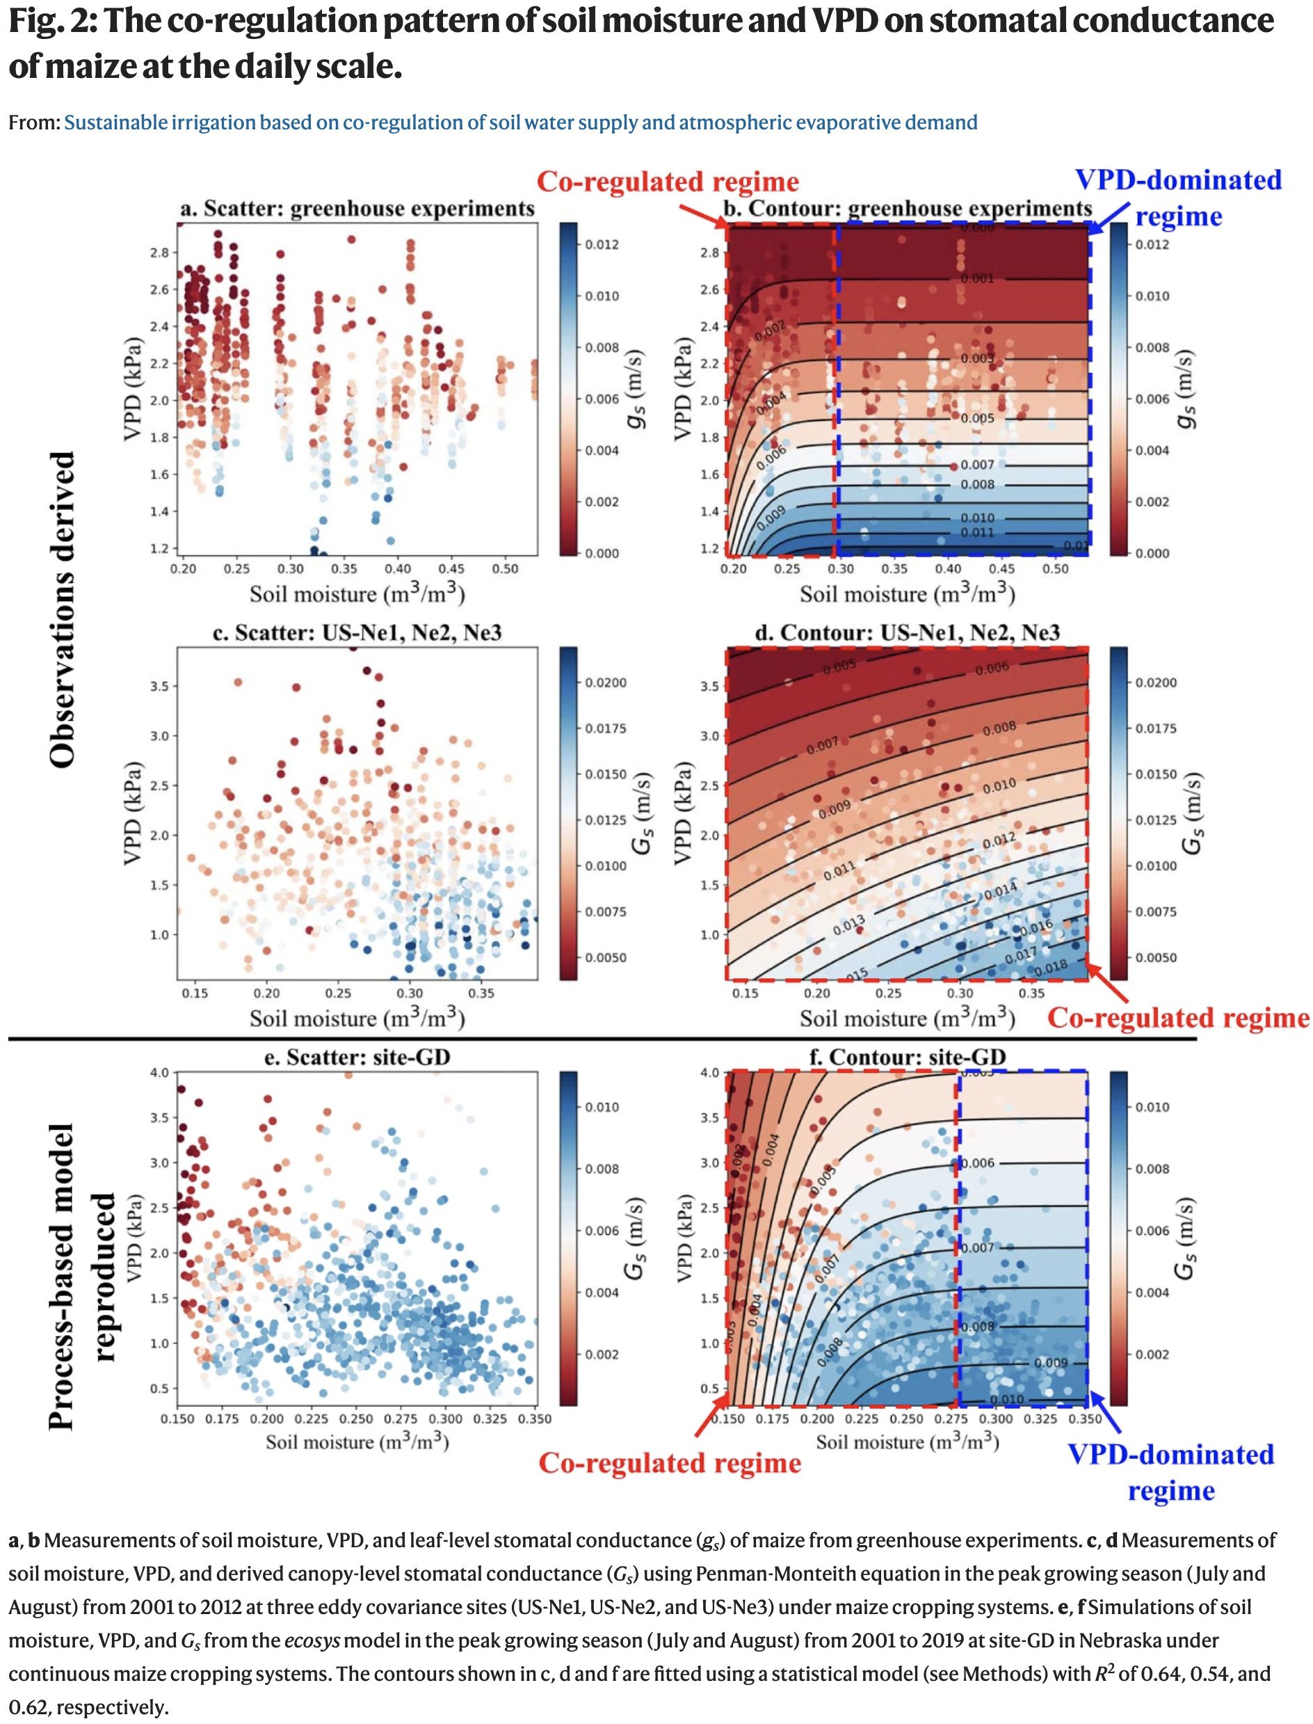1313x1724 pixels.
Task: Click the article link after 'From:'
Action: (x=520, y=122)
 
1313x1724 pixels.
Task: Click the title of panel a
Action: (x=357, y=209)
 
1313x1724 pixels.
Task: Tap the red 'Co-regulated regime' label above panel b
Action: (x=668, y=182)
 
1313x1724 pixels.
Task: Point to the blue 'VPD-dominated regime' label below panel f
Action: (x=1170, y=1472)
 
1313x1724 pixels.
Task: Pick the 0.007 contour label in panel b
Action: (x=978, y=465)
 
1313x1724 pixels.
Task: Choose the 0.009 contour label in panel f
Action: (x=1050, y=1363)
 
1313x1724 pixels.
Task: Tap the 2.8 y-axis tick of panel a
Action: (x=159, y=253)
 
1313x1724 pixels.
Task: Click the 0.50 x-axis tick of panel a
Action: (x=505, y=569)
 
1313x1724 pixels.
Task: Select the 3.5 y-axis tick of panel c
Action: (x=159, y=687)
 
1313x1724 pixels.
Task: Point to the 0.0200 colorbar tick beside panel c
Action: (x=606, y=683)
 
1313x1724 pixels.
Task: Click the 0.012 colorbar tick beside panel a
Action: (x=602, y=245)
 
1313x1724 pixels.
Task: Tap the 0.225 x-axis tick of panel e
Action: (x=312, y=1419)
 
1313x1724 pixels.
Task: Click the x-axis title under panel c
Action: (x=357, y=1018)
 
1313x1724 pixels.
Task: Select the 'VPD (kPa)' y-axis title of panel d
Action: (x=683, y=813)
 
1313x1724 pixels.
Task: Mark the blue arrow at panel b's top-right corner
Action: (x=1109, y=218)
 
